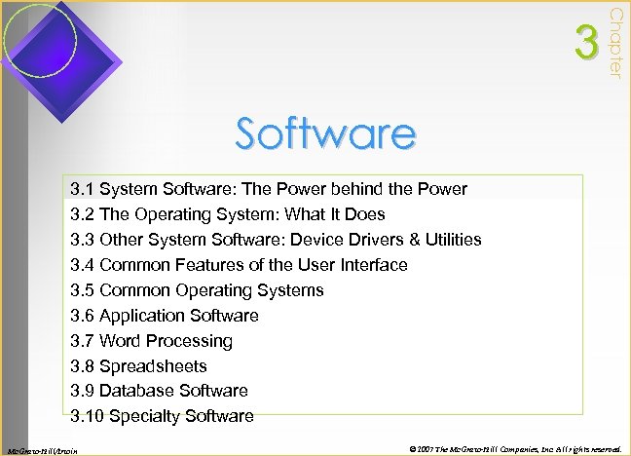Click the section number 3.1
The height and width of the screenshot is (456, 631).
83,189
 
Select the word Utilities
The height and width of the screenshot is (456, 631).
446,240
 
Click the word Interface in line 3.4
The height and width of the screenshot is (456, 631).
372,265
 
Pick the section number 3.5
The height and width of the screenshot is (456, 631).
83,290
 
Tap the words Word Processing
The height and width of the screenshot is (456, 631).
167,341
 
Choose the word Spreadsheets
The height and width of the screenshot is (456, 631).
153,366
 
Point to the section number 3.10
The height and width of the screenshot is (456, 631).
88,416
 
